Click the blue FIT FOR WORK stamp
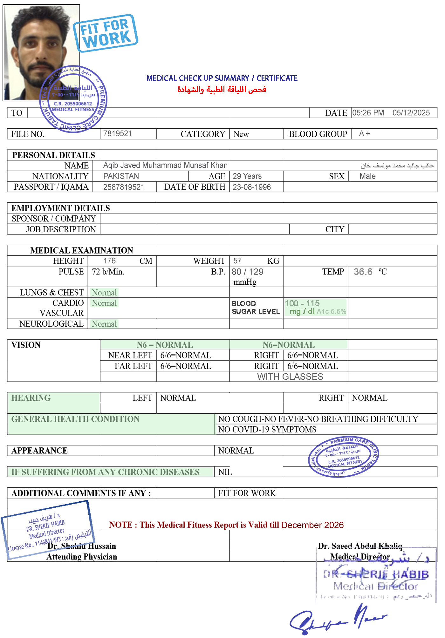point(106,33)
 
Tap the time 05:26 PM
point(368,113)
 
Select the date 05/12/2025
point(411,113)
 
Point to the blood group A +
point(364,133)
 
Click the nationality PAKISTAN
point(121,176)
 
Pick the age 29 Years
point(247,176)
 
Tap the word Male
point(367,176)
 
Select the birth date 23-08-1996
point(251,187)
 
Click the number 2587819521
point(124,187)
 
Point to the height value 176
point(109,261)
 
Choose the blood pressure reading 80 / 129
point(248,272)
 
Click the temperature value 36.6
point(363,272)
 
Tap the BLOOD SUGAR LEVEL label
point(256,308)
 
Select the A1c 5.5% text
point(331,312)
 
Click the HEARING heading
point(31,398)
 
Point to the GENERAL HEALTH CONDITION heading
point(75,419)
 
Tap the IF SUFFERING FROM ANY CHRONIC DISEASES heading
point(105,472)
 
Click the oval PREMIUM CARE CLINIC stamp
point(343,457)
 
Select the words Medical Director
point(360,557)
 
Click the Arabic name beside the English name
point(397,165)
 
